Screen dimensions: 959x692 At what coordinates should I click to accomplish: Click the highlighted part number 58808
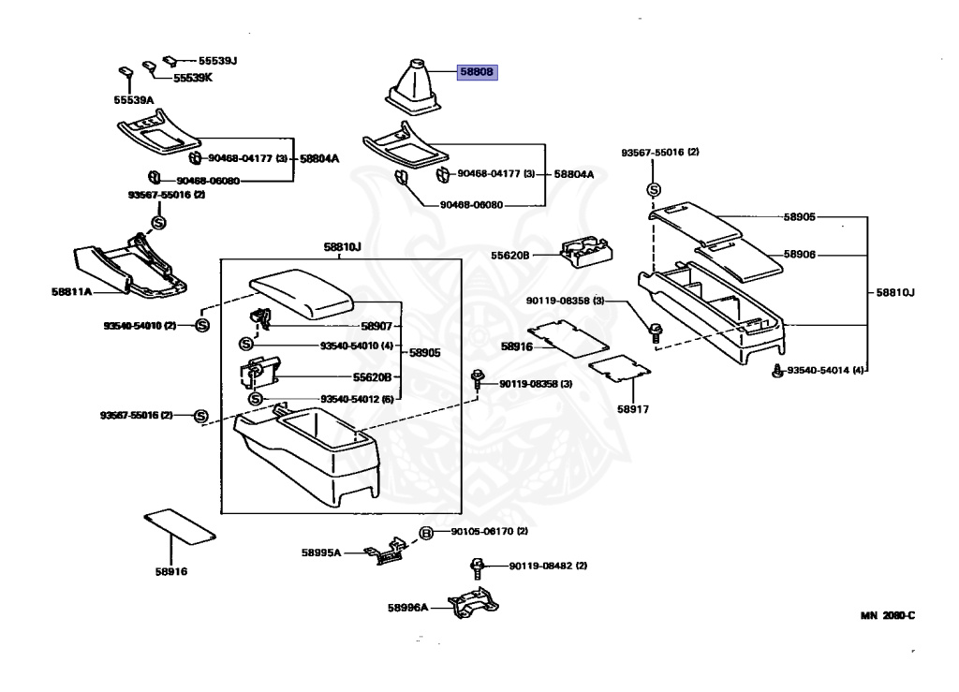477,72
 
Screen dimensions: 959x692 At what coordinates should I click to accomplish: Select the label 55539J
217,61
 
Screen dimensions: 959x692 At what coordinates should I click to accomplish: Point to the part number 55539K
193,78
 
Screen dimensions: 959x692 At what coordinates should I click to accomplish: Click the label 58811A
71,291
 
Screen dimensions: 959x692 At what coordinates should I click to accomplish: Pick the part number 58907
376,326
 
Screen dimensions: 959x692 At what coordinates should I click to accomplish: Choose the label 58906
800,255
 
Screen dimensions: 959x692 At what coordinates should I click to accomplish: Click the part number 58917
632,409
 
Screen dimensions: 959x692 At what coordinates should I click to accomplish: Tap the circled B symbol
426,533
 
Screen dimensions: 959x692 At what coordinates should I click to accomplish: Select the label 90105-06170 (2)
489,531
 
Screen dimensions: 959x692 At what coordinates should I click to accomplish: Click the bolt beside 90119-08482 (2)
477,567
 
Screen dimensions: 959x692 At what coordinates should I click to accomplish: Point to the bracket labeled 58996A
473,603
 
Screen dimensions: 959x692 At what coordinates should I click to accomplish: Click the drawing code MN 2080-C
888,615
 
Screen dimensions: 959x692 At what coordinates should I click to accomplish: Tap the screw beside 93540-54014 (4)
777,371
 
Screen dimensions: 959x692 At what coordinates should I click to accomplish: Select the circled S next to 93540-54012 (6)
256,399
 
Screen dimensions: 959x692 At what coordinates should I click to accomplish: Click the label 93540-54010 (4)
357,346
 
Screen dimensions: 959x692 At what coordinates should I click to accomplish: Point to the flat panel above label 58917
620,368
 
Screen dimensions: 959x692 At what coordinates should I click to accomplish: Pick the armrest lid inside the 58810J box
302,293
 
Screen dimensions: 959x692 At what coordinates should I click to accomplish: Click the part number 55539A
133,99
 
